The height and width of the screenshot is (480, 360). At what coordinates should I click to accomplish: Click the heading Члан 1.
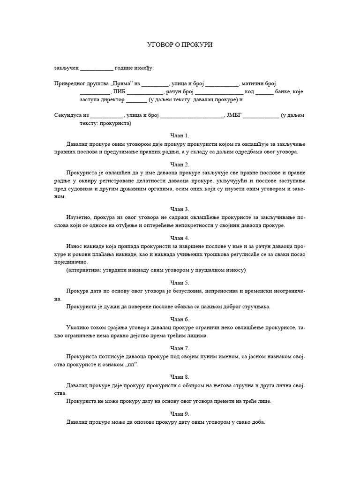180,135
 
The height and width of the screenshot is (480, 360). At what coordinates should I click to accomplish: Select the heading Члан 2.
180,165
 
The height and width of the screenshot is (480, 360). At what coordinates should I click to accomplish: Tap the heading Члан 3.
180,209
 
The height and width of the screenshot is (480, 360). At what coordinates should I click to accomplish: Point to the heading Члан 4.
180,238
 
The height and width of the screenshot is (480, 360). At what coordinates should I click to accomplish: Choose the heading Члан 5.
180,283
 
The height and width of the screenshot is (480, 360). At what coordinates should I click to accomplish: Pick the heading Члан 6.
180,319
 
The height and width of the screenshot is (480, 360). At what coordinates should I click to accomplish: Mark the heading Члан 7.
180,348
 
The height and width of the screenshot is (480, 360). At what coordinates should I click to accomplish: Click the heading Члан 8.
180,377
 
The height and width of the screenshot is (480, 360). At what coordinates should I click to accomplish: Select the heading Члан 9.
180,414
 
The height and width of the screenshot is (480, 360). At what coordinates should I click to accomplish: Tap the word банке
285,92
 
